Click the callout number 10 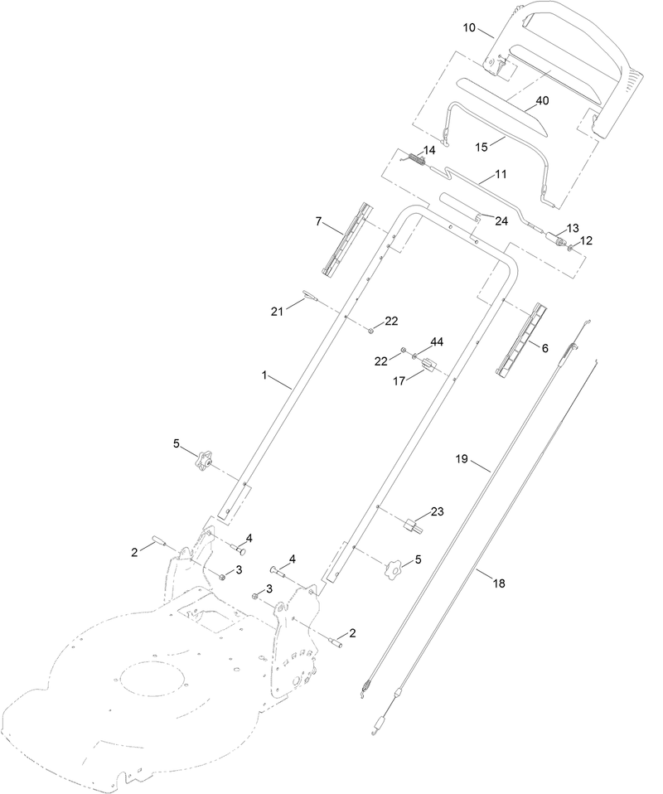[x=469, y=28]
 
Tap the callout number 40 [x=542, y=100]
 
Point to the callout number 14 [x=428, y=150]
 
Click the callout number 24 [x=501, y=220]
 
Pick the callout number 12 [x=586, y=240]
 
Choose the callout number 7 [x=317, y=221]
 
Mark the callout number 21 [x=277, y=311]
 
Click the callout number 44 [x=437, y=342]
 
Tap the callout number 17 [x=399, y=382]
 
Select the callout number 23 [x=437, y=511]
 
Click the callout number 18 [x=498, y=583]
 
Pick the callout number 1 [x=265, y=375]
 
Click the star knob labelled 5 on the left [x=206, y=459]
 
